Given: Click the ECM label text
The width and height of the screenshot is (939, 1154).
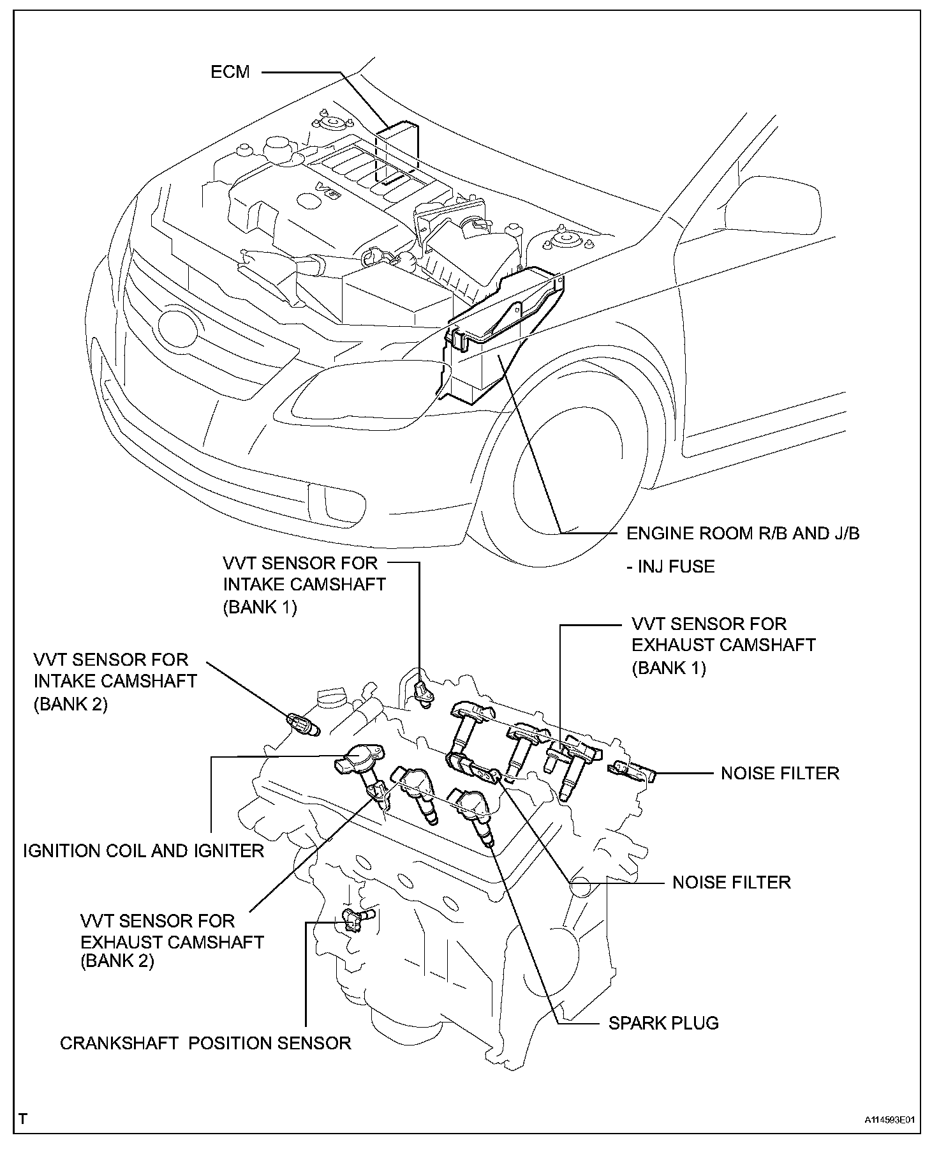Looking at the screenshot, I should (x=230, y=71).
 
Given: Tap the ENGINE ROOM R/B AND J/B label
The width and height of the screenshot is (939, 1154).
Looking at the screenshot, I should (x=743, y=534).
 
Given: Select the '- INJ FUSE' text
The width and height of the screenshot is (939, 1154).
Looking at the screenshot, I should (x=670, y=566).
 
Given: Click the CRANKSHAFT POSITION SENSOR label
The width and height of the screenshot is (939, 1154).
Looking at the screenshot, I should (x=205, y=1043).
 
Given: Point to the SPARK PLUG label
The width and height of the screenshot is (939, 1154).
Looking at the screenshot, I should (x=663, y=1023).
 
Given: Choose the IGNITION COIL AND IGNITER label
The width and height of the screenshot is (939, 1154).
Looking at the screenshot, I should (x=144, y=850).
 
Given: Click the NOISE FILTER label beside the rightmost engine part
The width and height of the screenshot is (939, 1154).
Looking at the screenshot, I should (x=780, y=773).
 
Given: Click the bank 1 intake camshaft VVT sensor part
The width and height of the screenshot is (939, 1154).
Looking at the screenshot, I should (x=422, y=692).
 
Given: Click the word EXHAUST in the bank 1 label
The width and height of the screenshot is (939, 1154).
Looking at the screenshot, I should (x=672, y=645).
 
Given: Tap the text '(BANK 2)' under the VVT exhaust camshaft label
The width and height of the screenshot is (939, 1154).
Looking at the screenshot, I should (x=117, y=961).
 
